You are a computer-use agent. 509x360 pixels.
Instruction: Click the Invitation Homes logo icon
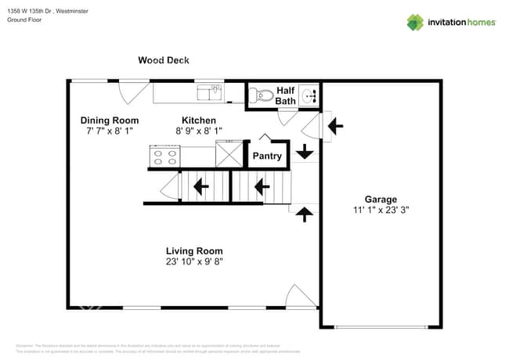(414, 22)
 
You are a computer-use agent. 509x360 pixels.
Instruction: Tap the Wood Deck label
(163, 60)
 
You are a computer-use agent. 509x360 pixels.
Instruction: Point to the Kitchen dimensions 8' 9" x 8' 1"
(198, 131)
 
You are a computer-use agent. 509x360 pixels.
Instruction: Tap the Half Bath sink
(312, 96)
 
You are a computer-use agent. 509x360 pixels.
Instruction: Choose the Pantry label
(267, 156)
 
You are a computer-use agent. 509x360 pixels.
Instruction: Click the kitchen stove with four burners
(164, 156)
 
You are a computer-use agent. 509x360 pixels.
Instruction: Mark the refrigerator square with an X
(229, 153)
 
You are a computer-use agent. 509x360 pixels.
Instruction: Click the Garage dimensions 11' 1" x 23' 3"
(381, 211)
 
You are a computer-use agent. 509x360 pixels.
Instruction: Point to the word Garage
(381, 199)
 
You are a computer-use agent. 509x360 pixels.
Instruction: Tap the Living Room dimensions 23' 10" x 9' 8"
(199, 262)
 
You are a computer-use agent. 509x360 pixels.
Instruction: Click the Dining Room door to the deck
(128, 92)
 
